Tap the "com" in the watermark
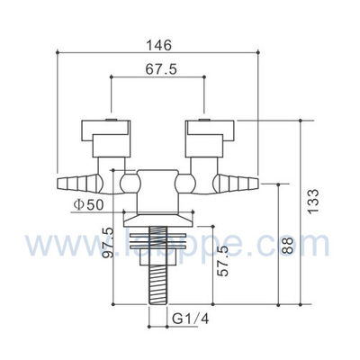click(307, 244)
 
